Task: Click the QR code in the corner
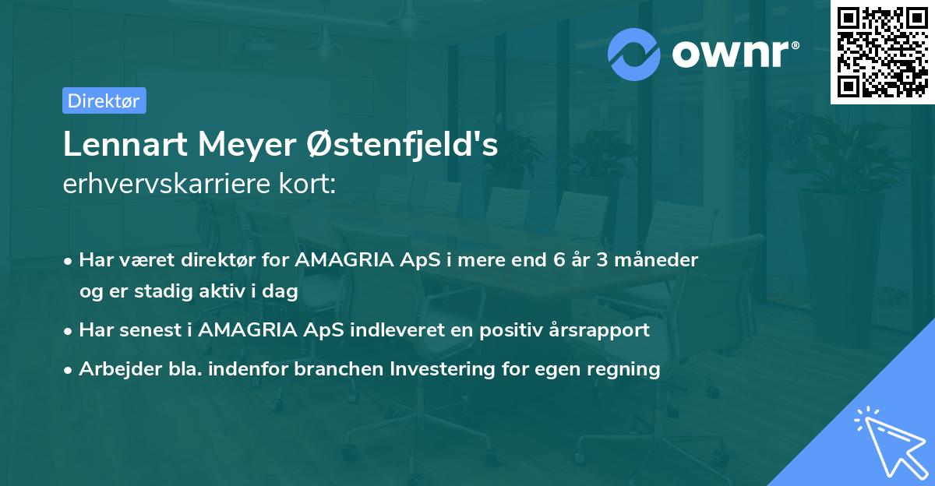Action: click(881, 52)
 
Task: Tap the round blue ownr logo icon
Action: click(634, 54)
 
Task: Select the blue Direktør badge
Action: click(104, 100)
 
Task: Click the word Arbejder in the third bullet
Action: click(114, 369)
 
